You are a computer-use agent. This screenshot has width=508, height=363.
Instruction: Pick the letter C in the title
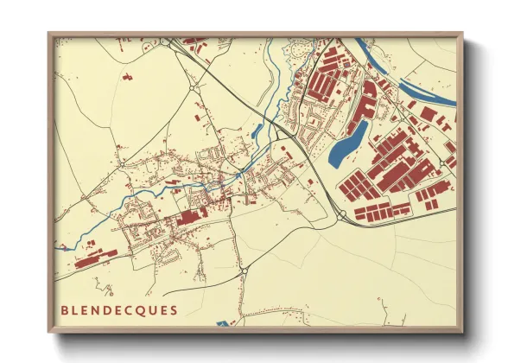(x=130, y=309)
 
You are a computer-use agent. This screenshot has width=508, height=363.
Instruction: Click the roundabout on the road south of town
(x=244, y=271)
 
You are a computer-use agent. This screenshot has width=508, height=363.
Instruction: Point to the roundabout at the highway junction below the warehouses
(x=341, y=213)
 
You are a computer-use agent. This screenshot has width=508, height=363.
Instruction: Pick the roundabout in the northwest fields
(x=194, y=86)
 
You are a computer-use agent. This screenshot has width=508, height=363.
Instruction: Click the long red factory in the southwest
(x=96, y=257)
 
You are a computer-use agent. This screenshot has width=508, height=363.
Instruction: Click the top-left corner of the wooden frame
(x=49, y=35)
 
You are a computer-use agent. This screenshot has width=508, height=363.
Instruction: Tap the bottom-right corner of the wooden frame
(x=461, y=332)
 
